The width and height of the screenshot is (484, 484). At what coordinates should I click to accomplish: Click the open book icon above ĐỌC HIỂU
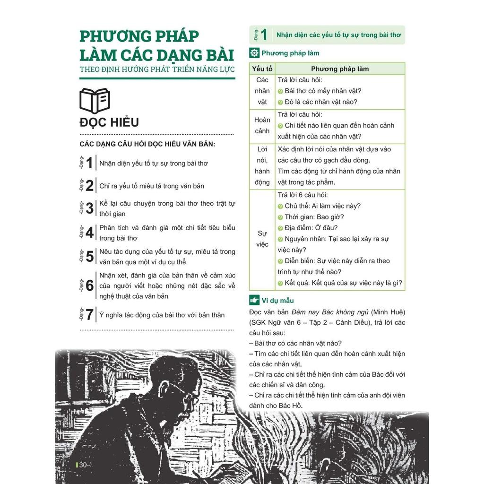(95, 101)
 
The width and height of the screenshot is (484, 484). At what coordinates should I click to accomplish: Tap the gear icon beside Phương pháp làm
(254, 53)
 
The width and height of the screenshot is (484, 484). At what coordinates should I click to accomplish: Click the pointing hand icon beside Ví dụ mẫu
(254, 300)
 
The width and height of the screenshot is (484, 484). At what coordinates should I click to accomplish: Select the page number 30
(83, 465)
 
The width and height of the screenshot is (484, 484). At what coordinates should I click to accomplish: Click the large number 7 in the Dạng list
(89, 315)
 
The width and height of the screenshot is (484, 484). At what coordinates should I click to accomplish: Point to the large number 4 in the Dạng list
(89, 233)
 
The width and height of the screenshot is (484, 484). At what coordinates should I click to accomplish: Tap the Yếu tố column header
(262, 69)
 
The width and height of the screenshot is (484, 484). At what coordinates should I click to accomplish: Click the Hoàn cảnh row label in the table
(262, 125)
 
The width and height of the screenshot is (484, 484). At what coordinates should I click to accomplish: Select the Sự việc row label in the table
(262, 239)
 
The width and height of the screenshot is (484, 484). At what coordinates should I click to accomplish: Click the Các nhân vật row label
(262, 91)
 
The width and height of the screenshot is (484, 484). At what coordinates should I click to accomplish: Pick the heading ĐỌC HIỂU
(109, 122)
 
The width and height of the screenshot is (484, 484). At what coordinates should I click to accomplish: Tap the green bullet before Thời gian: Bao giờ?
(280, 217)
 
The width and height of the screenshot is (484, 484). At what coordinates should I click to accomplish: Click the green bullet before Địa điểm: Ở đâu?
(280, 228)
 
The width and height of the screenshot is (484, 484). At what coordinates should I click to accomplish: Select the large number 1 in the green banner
(264, 35)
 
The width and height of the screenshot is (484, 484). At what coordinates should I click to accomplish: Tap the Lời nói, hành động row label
(262, 166)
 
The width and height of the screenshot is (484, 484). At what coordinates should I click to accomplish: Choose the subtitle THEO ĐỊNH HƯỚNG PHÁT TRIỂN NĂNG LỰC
(157, 69)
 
